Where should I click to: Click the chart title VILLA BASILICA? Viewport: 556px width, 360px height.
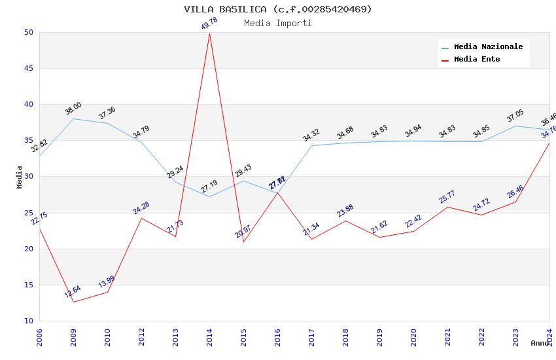278,9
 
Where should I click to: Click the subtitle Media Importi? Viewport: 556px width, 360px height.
278,23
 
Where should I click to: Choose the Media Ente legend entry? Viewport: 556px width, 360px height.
477,60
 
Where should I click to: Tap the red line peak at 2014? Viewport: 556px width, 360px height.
209,33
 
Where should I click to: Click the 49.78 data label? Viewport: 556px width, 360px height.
209,24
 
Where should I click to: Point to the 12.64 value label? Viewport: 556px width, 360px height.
73,291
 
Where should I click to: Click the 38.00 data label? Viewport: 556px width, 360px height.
73,108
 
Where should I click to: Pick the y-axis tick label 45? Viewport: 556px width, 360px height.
28,69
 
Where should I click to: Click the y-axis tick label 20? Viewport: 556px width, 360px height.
28,249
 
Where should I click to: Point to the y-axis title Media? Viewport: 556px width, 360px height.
20,177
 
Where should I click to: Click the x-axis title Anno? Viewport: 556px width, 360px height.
540,343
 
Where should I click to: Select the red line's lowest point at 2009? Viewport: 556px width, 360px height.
73,302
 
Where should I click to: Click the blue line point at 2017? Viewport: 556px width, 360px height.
311,145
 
